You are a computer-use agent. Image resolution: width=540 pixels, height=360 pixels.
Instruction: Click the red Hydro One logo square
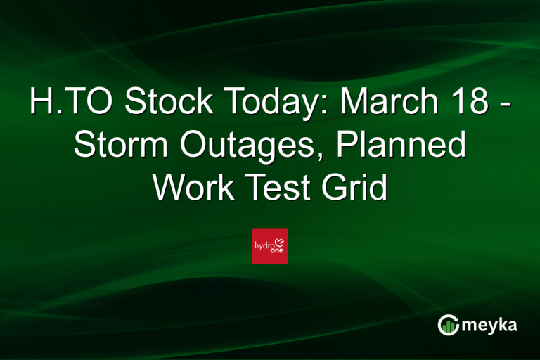point(270,246)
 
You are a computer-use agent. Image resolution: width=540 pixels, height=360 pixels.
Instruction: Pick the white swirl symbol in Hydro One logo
point(281,241)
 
